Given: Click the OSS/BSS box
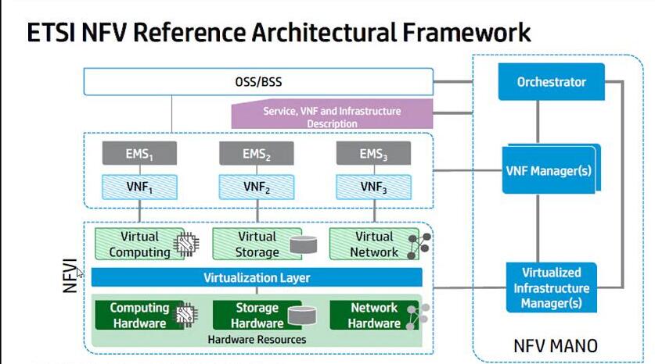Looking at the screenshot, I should [258, 82].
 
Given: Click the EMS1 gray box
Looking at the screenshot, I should [139, 154].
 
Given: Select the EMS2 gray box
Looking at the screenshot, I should [256, 154].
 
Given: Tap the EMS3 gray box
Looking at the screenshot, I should [373, 154].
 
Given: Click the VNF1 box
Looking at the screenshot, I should [139, 187].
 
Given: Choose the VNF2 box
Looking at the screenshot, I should [256, 187].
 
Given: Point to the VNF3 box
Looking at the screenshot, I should [373, 187].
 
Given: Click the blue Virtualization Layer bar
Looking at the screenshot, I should [257, 277].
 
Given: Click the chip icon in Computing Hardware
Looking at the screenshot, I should [185, 316].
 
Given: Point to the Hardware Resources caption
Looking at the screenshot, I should [257, 340].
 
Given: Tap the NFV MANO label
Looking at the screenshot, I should [555, 344].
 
